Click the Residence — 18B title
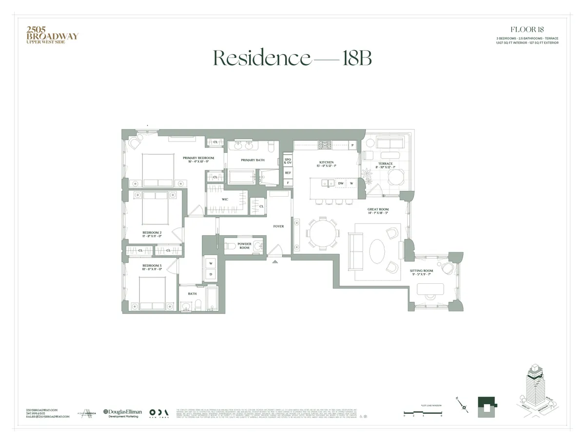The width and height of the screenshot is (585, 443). point(292,58)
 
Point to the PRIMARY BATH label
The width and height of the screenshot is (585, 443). point(253,160)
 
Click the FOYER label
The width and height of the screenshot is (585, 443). point(278,226)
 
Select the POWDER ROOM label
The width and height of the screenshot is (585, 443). point(244,245)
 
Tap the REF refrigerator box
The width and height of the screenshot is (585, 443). point(288,173)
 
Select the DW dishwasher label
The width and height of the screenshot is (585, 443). point(341,184)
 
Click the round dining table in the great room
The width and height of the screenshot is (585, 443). point(322,234)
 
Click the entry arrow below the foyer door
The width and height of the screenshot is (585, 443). point(275,261)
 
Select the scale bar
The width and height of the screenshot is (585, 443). point(423,413)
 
